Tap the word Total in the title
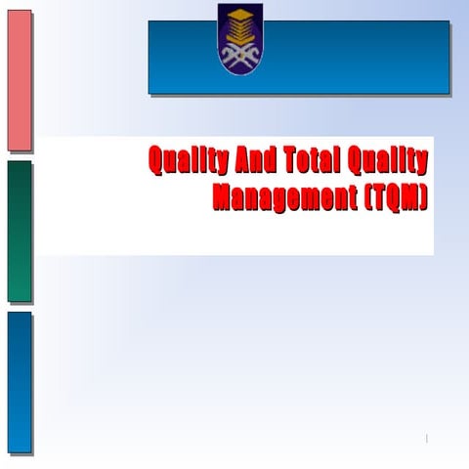[x=312, y=161]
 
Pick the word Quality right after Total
[x=388, y=161]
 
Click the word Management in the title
[x=280, y=196]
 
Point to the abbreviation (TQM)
[x=392, y=196]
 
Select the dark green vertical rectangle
[x=20, y=232]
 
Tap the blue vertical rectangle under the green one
[x=20, y=383]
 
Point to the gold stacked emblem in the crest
[x=239, y=21]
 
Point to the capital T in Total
[x=289, y=161]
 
